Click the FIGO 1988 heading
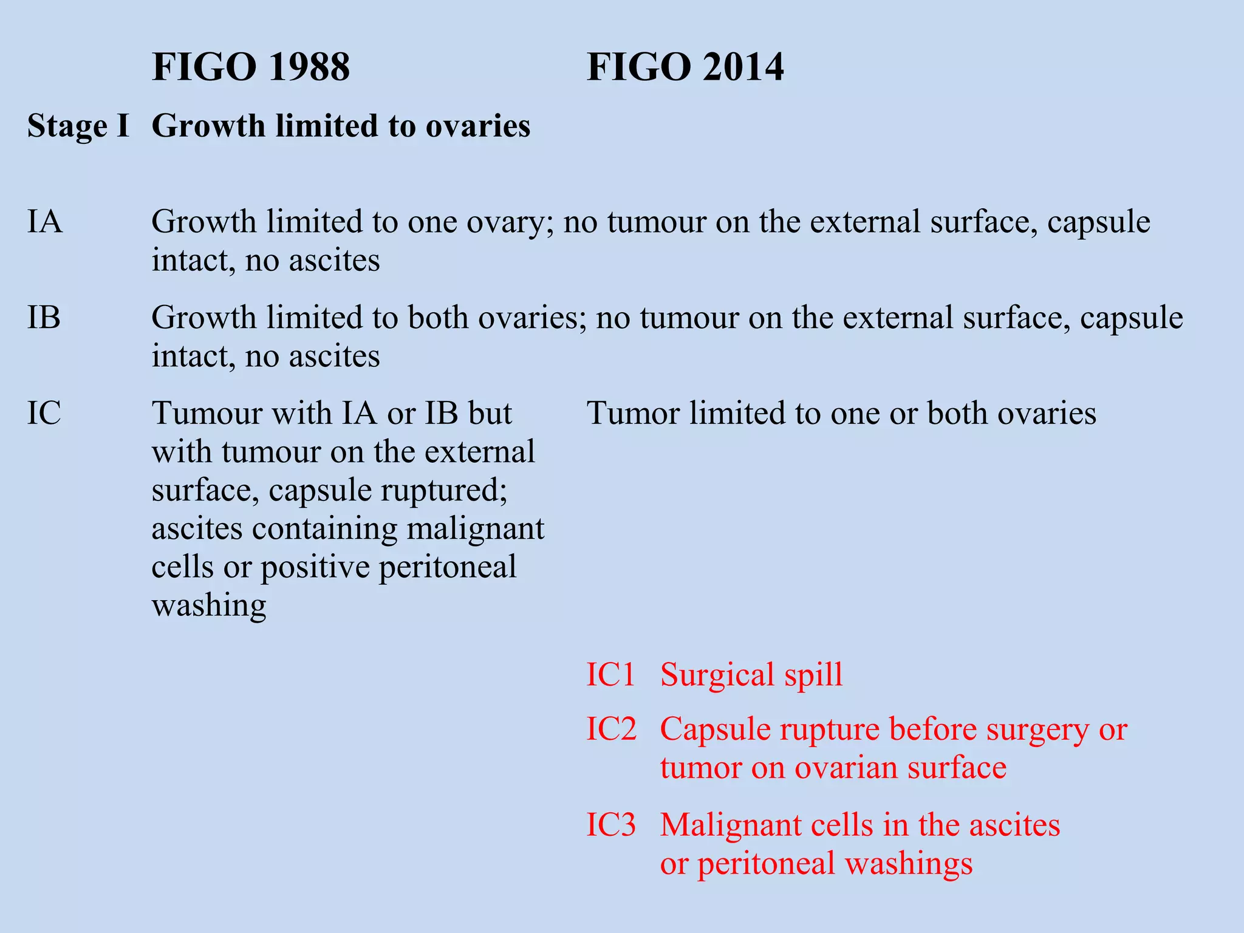tap(250, 67)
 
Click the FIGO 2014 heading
tap(685, 67)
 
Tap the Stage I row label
tap(78, 126)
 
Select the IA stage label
tap(44, 222)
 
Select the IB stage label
tap(44, 318)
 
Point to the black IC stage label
tap(44, 414)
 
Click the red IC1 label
tap(610, 675)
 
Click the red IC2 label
tap(611, 729)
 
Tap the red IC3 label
tap(611, 825)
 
